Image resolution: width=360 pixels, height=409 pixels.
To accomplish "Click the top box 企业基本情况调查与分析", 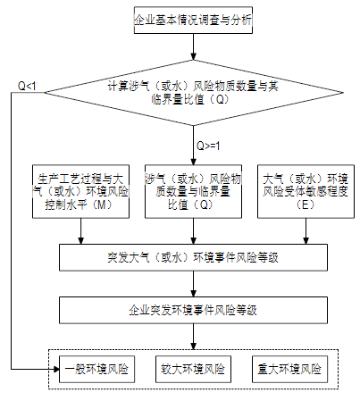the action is tap(193, 21).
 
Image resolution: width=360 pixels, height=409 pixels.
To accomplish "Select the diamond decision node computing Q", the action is tap(194, 93).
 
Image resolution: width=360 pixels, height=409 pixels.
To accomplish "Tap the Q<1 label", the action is tap(27, 86).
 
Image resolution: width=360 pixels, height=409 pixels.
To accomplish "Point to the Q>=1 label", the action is tap(208, 146).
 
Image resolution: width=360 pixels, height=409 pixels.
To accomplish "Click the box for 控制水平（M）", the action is tap(80, 191).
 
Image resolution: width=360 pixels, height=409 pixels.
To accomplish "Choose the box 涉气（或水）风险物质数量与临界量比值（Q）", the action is tap(193, 191).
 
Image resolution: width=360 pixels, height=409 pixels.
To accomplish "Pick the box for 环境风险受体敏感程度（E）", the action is tap(306, 191).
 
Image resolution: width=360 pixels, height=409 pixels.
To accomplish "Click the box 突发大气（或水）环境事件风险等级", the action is tap(193, 257).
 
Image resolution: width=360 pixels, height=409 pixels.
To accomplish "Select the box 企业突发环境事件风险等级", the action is tap(193, 310).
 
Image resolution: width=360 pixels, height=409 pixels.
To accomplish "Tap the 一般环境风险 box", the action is tap(96, 369).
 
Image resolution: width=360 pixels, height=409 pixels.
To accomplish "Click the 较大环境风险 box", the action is tap(193, 369).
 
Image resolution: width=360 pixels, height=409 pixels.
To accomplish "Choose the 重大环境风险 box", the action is tap(289, 369).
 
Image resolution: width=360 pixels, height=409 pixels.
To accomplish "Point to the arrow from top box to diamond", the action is tap(193, 46).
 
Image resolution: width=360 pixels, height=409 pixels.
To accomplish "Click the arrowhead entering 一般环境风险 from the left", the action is tap(56, 370).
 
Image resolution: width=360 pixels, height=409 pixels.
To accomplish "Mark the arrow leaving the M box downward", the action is tap(80, 231).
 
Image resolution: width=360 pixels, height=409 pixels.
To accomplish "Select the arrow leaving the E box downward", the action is tap(306, 231).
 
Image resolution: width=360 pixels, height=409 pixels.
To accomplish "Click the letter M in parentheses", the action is tap(102, 204).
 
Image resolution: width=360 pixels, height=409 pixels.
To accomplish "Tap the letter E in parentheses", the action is tap(306, 204).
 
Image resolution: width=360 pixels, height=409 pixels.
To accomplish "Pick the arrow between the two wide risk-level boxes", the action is tap(193, 284).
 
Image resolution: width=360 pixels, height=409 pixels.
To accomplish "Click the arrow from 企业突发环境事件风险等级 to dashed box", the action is tap(193, 337).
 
